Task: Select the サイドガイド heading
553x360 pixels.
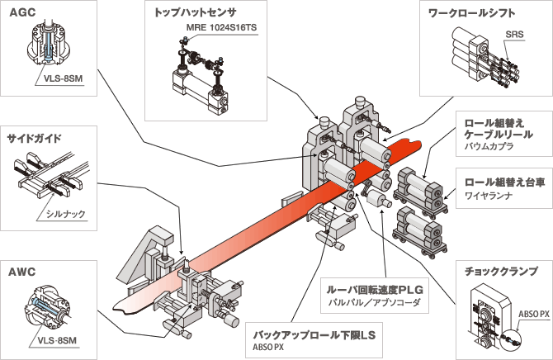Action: (x=34, y=137)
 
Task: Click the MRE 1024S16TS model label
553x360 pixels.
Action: (x=215, y=27)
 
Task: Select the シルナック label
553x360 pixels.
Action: (x=66, y=214)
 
